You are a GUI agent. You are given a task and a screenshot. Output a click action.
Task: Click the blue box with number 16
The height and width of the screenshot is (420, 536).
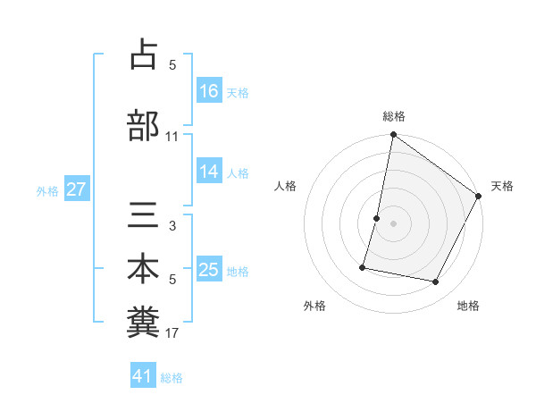click(209, 90)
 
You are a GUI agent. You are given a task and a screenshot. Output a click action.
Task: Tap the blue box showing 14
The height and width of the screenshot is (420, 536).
click(209, 172)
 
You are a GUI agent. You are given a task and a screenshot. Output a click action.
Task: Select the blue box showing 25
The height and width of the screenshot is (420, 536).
click(209, 270)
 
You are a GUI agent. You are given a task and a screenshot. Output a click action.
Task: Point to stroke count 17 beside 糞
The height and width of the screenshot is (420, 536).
click(172, 334)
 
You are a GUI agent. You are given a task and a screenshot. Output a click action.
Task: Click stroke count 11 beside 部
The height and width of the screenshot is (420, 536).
click(172, 137)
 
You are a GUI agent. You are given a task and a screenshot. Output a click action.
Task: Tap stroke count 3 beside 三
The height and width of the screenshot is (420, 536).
click(172, 226)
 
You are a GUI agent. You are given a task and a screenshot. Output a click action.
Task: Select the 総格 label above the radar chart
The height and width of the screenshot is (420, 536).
click(394, 116)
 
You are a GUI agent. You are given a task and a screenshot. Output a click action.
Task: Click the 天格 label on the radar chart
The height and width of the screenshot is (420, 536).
click(502, 186)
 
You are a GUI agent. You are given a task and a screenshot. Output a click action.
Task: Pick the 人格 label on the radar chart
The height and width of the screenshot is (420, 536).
click(286, 186)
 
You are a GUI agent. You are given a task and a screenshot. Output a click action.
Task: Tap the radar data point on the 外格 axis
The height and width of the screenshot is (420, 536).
click(363, 267)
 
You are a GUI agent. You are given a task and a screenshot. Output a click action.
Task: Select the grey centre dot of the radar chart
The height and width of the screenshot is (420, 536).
click(394, 223)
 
